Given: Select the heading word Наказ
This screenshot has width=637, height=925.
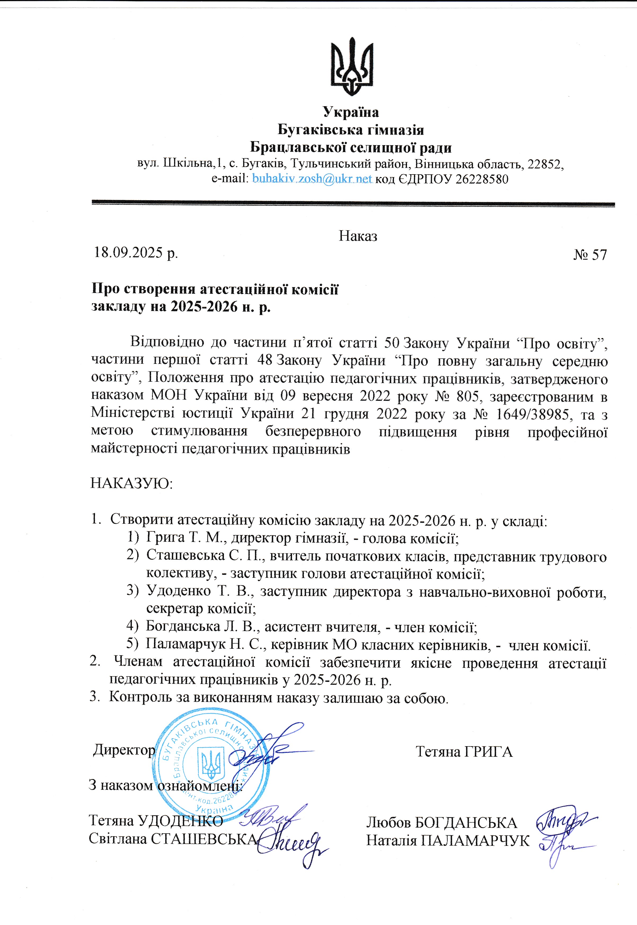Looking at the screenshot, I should pos(358,236).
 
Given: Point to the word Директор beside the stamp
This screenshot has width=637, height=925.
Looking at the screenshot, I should pos(124,750).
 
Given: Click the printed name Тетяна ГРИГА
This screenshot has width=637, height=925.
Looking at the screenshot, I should pos(464,751).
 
